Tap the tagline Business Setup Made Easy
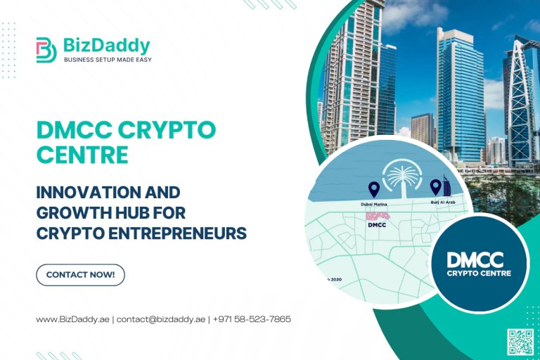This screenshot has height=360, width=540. pyautogui.click(x=108, y=60)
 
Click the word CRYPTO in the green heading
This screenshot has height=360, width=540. pyautogui.click(x=169, y=130)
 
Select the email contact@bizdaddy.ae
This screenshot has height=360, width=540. pyautogui.click(x=161, y=319)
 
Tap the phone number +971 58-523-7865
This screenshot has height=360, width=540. pyautogui.click(x=252, y=319)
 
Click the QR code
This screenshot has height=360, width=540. pyautogui.click(x=520, y=342)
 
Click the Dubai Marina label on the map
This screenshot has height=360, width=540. pyautogui.click(x=375, y=203)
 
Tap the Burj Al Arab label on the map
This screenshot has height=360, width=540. pyautogui.click(x=443, y=202)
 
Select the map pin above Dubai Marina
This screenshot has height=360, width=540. pyautogui.click(x=373, y=188)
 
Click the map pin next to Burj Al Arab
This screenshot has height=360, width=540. pyautogui.click(x=435, y=186)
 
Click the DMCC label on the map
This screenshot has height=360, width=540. pyautogui.click(x=378, y=226)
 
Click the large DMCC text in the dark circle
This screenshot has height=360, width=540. pyautogui.click(x=479, y=259)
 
